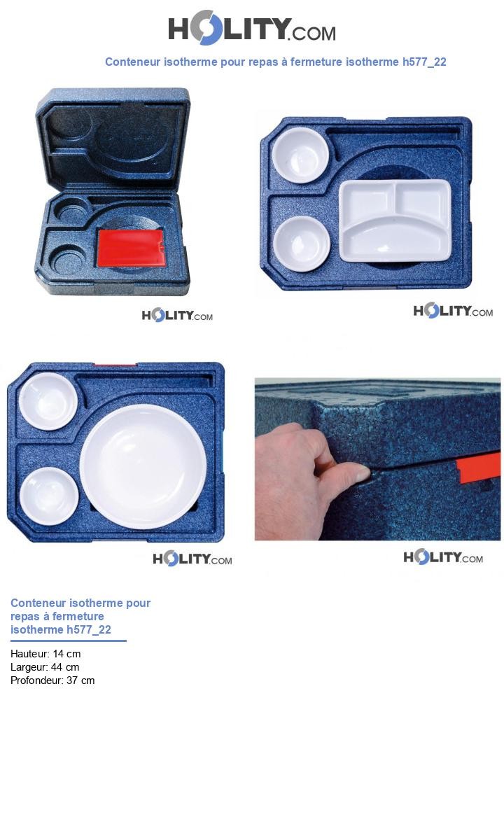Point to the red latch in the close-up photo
[479, 466]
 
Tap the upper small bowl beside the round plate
[48, 400]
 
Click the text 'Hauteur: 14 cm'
[45, 654]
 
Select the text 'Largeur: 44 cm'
[45, 667]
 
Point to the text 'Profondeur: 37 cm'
[52, 680]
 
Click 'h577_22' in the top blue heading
[424, 62]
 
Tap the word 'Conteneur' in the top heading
[132, 62]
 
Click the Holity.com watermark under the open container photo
[177, 316]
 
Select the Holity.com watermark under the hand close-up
[443, 557]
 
